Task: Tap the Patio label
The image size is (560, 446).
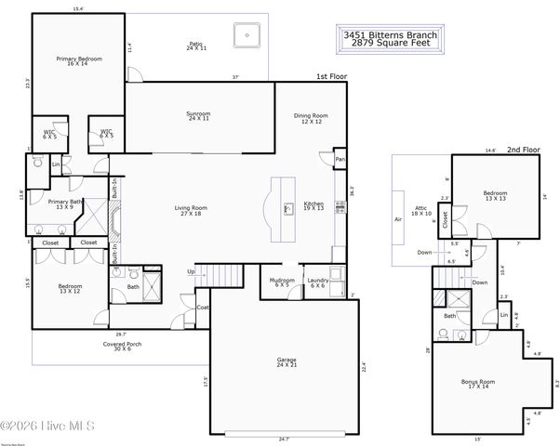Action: (196, 44)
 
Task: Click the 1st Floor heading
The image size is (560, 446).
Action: (330, 78)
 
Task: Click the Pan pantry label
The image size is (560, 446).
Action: (340, 161)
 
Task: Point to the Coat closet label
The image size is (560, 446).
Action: (202, 307)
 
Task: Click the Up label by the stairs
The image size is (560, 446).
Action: (191, 272)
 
